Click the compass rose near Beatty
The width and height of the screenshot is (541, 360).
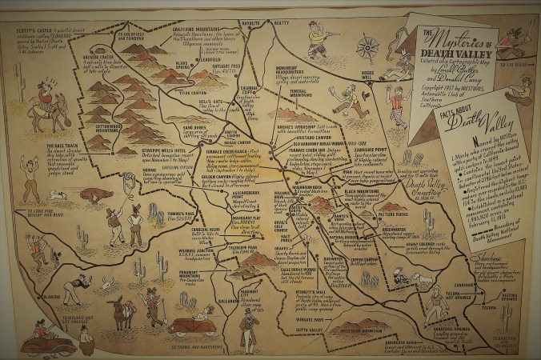[367, 45]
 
